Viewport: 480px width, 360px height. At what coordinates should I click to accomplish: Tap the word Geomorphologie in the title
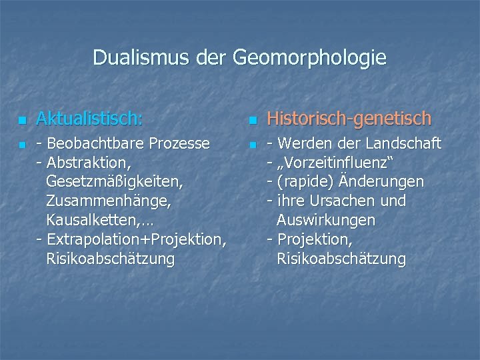coord(309,59)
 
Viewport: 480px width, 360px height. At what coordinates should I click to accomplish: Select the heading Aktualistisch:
coord(89,119)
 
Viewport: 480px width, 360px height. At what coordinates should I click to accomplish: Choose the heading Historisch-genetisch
coord(349,119)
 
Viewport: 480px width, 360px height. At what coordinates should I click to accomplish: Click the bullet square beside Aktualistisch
coord(22,121)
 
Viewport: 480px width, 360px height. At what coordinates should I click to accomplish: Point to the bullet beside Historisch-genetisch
coord(252,121)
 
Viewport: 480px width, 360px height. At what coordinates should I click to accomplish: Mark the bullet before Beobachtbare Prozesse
coord(22,145)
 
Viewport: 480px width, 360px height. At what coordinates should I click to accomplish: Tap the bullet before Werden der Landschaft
coord(252,145)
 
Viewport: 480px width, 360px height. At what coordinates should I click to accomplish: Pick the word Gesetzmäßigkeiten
coord(115,182)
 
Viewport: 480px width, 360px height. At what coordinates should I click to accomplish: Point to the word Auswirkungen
coord(326,220)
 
